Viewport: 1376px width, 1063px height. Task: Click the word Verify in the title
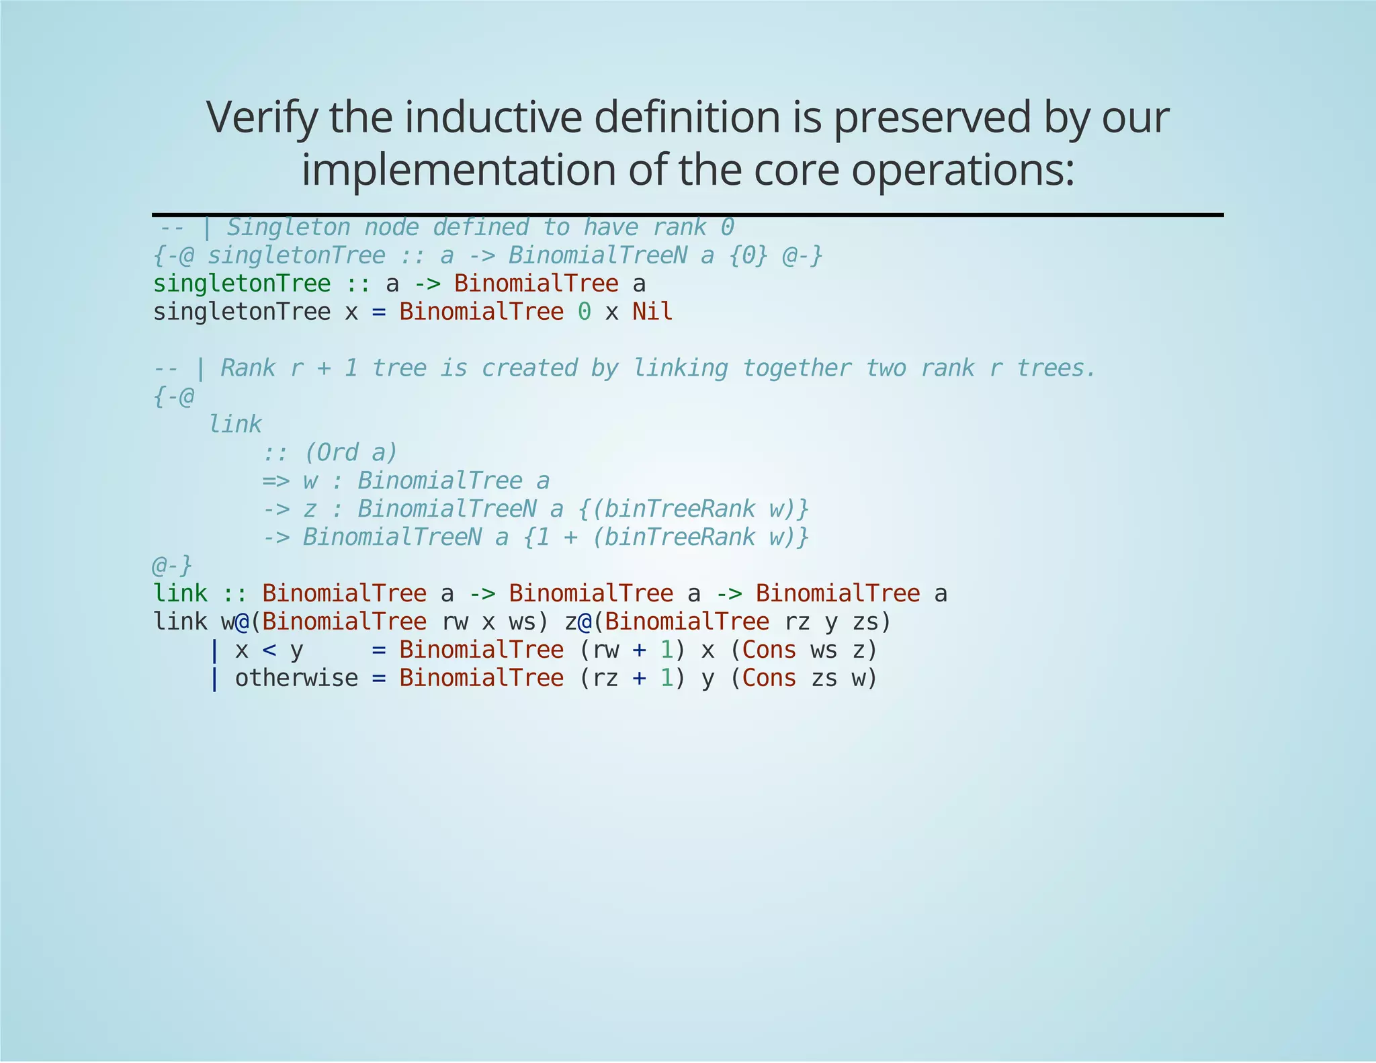coord(261,118)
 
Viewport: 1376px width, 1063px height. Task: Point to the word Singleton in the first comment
coord(288,228)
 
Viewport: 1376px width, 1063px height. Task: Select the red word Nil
coord(652,312)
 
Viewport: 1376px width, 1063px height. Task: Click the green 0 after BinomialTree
coord(585,312)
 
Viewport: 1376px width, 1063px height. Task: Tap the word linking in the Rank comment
coord(680,368)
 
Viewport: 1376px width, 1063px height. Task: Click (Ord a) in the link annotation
coord(350,453)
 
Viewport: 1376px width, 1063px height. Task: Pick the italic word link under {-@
coord(235,425)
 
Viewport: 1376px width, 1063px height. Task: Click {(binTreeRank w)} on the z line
coord(693,509)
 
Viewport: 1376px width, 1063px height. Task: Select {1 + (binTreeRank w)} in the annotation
coord(666,538)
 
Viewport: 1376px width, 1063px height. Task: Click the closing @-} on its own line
coord(173,566)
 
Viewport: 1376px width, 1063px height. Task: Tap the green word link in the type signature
coord(180,594)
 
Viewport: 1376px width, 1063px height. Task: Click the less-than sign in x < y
coord(269,650)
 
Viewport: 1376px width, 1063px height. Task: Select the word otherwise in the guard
coord(296,679)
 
